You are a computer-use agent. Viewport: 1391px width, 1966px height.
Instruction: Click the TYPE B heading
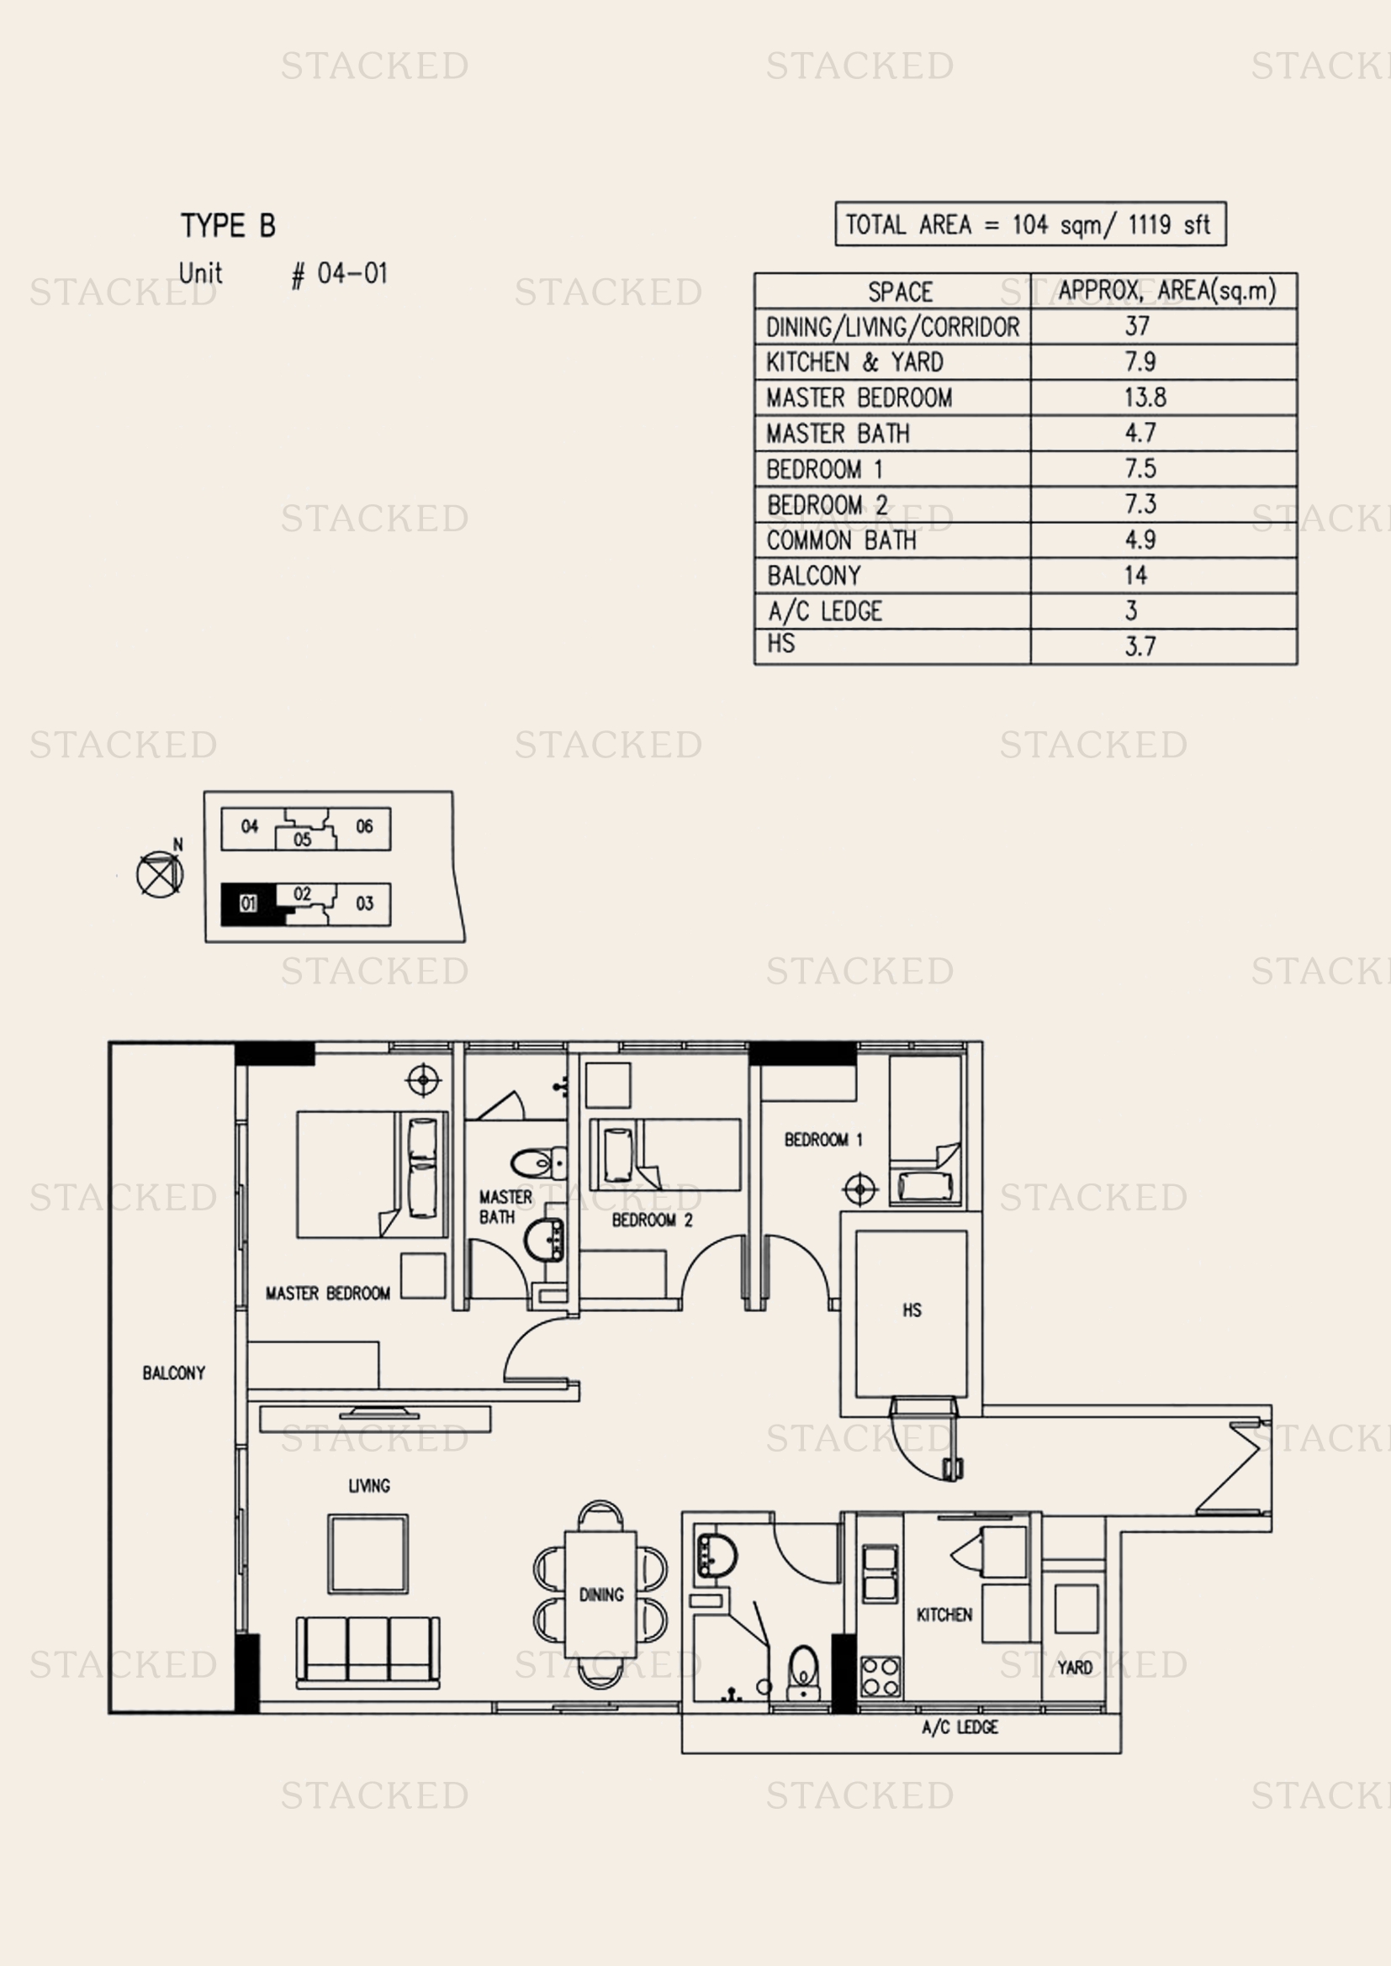228,225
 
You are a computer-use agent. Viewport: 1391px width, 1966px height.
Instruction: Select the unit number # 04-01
339,274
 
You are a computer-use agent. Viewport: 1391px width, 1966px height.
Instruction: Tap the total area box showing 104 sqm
1030,224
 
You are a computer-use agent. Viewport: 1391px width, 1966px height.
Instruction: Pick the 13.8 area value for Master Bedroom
1145,398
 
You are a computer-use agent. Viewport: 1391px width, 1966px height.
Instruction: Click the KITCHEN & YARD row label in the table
854,362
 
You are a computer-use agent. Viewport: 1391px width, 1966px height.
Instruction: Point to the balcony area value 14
1135,576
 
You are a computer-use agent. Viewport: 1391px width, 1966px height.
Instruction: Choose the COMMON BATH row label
841,540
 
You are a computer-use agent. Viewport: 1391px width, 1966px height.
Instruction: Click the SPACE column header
899,292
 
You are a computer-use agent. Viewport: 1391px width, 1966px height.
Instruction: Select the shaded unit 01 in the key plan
248,904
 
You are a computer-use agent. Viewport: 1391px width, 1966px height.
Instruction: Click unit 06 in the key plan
364,826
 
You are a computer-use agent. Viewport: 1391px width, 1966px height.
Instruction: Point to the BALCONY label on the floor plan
174,1373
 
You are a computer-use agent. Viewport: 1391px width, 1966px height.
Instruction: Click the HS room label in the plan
912,1310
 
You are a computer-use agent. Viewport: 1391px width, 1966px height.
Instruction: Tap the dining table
600,1594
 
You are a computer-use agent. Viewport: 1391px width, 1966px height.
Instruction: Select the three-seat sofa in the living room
368,1652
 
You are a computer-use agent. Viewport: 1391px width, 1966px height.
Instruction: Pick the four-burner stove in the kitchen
881,1677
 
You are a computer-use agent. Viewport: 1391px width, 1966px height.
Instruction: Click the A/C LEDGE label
960,1727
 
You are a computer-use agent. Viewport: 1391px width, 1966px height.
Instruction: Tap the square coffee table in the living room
368,1553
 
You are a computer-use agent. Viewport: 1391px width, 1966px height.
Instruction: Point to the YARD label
1074,1667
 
